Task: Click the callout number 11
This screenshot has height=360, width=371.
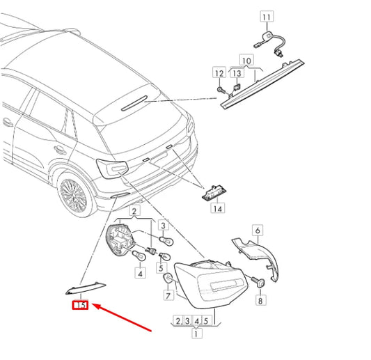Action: [267, 17]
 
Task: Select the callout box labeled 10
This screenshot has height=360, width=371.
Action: [247, 60]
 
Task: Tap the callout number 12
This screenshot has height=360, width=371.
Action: [219, 72]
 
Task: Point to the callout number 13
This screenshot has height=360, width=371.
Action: [237, 72]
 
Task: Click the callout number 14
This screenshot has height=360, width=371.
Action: [218, 208]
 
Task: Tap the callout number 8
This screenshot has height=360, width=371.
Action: [260, 300]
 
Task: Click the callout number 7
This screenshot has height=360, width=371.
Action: [168, 295]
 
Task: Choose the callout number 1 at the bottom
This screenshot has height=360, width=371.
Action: [196, 334]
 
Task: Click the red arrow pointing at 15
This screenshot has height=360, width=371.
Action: [122, 317]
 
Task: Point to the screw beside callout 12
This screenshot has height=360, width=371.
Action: [221, 91]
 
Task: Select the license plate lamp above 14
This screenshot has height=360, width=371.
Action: [214, 193]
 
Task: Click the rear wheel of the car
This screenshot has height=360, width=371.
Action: [73, 196]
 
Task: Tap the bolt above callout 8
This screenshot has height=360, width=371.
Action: [258, 282]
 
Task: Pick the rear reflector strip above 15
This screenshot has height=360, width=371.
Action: [86, 288]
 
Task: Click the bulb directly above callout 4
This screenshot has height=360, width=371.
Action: [139, 256]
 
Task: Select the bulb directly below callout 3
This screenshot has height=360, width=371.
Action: [166, 241]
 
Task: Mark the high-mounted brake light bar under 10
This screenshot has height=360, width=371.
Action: [262, 84]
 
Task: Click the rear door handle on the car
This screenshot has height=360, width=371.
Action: [60, 150]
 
